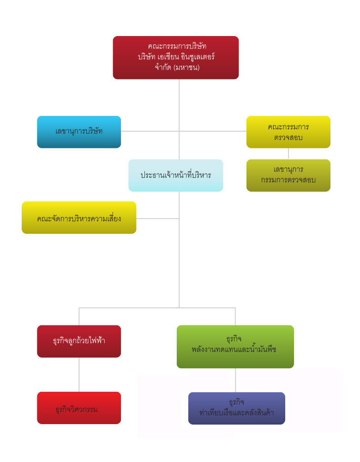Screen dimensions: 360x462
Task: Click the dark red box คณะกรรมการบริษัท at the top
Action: click(x=176, y=57)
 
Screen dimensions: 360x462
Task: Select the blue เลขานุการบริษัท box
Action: click(x=79, y=132)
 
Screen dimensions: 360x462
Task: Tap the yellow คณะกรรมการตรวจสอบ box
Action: click(x=288, y=132)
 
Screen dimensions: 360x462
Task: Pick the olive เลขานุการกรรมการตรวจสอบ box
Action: click(x=288, y=175)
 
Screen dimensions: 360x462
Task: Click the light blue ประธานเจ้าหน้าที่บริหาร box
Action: click(x=176, y=175)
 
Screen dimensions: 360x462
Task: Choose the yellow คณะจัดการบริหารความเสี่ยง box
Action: click(x=79, y=218)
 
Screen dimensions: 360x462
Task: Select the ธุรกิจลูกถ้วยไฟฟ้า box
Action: click(x=79, y=341)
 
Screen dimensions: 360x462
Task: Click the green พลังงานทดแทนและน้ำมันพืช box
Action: click(x=235, y=346)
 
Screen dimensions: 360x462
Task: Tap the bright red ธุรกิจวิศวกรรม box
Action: click(x=79, y=408)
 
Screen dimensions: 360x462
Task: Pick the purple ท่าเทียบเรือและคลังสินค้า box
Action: click(x=237, y=408)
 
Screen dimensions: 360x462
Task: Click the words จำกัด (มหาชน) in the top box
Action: click(x=177, y=67)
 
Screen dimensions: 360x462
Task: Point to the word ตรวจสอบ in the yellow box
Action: click(x=288, y=137)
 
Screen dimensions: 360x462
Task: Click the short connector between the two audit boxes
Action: click(x=288, y=153)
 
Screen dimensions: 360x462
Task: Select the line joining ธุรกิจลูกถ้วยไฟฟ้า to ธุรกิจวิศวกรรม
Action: click(x=79, y=375)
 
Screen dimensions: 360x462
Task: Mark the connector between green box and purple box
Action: click(x=235, y=380)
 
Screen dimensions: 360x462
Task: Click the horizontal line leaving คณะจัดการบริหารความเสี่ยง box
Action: click(x=158, y=219)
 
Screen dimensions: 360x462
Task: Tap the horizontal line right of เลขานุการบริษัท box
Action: click(x=150, y=131)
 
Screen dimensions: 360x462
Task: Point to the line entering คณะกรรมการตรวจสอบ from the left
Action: click(x=213, y=131)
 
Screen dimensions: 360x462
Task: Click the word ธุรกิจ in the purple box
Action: click(x=236, y=402)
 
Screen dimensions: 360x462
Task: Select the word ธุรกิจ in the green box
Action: click(x=234, y=339)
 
